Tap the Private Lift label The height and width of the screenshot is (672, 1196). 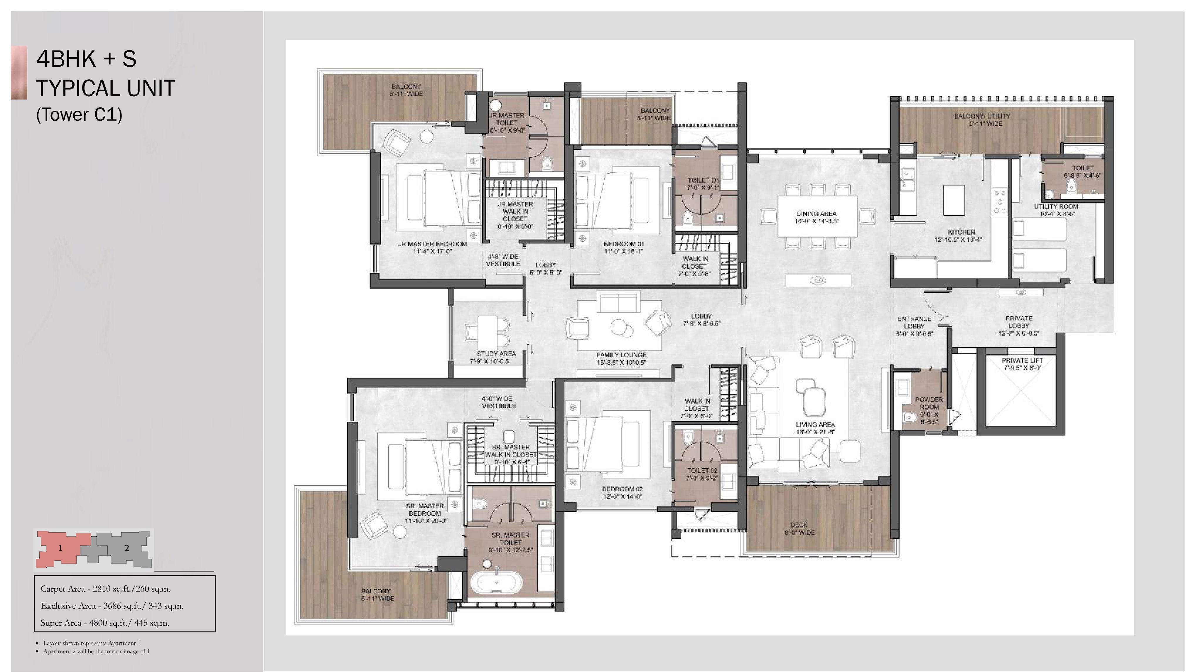1022,364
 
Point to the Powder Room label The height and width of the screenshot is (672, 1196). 929,410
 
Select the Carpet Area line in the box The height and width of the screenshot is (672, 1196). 105,589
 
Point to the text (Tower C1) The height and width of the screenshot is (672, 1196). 80,114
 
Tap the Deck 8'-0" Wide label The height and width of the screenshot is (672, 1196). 799,528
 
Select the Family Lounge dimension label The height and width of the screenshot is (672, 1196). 621,363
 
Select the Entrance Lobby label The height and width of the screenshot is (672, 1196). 914,326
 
